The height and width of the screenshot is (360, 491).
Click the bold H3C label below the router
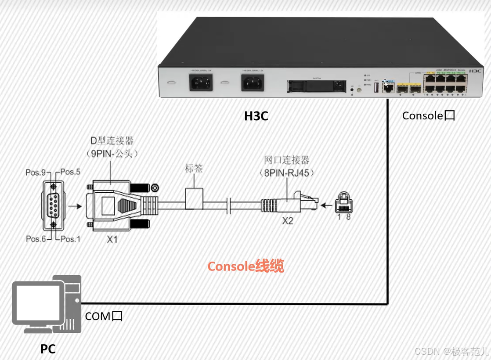pos(256,116)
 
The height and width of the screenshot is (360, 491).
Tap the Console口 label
pos(428,115)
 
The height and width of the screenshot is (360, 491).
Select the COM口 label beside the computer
pos(103,316)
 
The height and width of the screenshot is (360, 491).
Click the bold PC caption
pos(48,349)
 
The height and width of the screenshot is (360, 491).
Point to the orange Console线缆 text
pos(245,266)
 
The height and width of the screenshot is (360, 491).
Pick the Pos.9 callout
pos(36,173)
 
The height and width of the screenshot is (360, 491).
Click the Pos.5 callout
pos(70,172)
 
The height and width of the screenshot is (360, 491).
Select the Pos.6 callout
pos(36,238)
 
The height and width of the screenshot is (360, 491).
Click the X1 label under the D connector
pos(112,239)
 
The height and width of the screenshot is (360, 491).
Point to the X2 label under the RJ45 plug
pos(287,220)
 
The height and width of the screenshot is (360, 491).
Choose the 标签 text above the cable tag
pos(194,168)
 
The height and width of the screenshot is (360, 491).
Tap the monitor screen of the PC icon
pos(37,302)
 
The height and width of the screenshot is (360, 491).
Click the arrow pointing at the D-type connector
pos(76,205)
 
